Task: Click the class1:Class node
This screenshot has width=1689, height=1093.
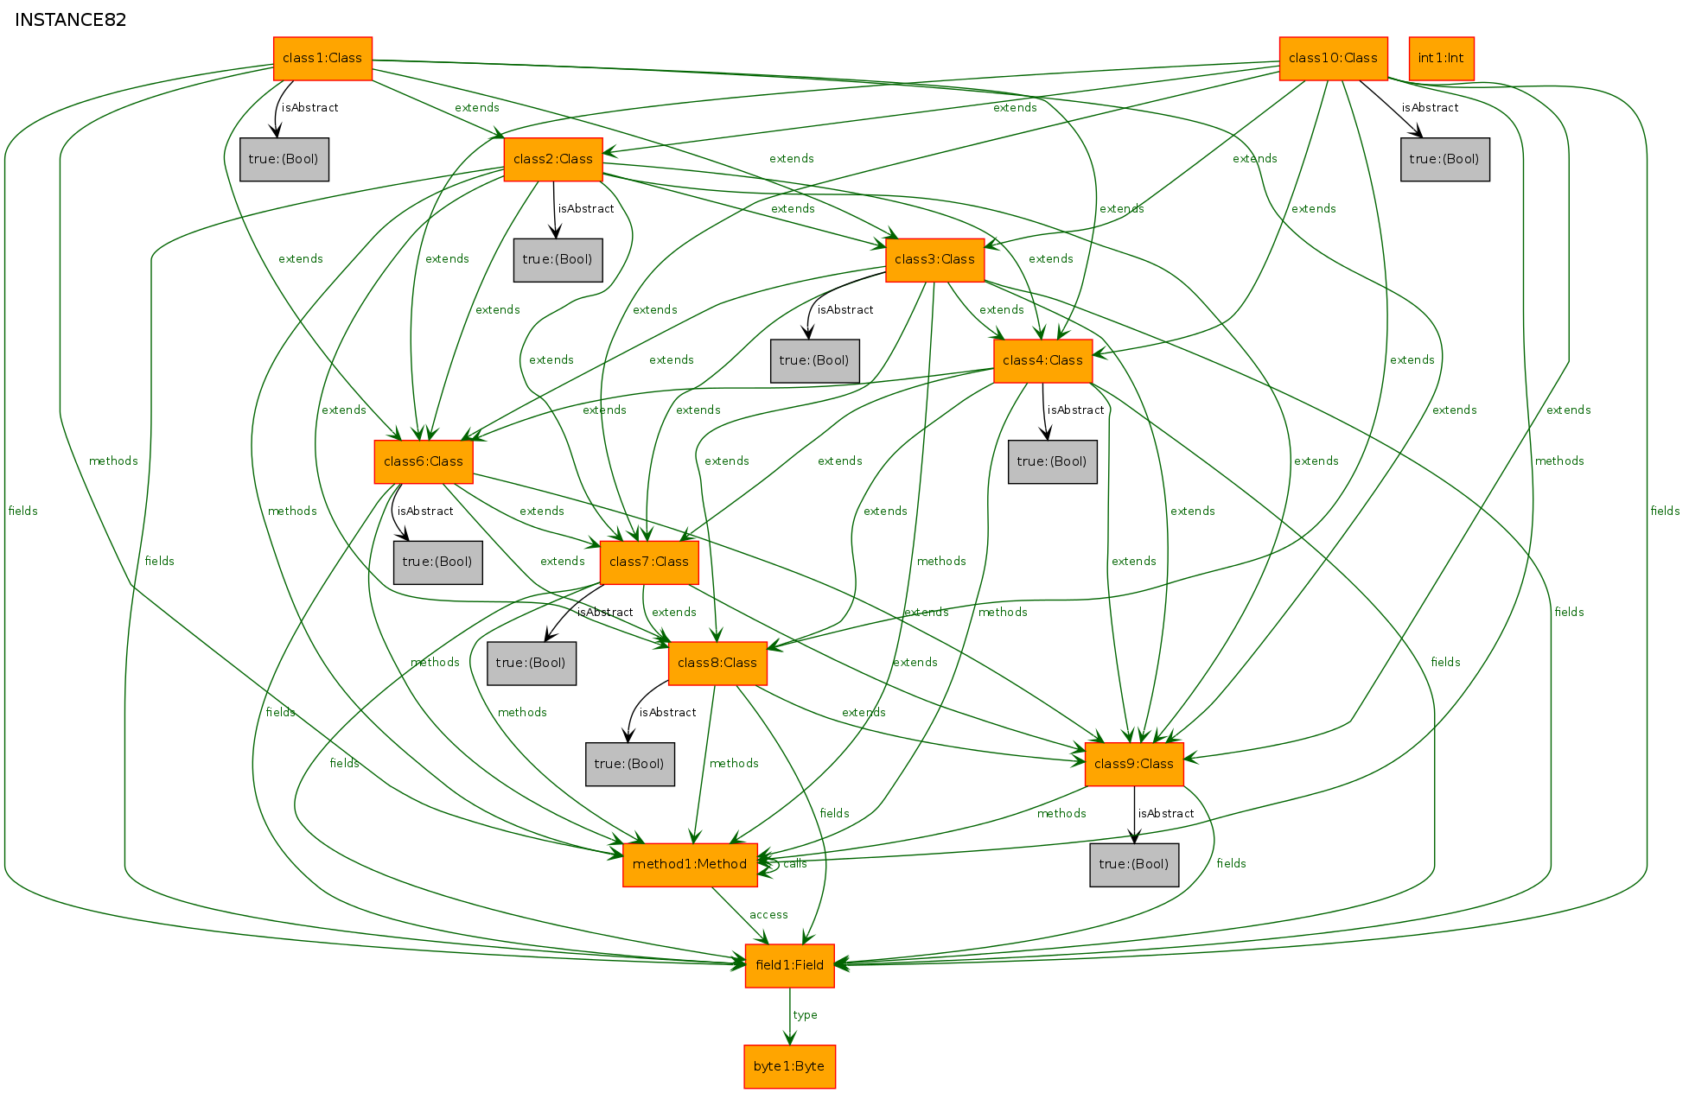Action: [322, 59]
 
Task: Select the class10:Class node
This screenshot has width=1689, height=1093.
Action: [1333, 59]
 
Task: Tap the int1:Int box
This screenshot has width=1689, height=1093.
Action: [1441, 59]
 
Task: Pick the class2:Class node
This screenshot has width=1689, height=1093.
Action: [553, 159]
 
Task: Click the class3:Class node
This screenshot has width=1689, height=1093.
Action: [934, 260]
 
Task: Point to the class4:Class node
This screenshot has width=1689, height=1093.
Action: [1042, 360]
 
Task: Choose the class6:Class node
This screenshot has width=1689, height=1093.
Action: [424, 461]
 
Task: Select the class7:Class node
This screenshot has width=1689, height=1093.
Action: [649, 562]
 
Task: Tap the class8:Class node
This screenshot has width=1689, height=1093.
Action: [717, 664]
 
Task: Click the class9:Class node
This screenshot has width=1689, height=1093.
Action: [1134, 764]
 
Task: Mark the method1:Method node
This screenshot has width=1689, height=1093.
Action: [690, 865]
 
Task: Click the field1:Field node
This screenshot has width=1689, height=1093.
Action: [789, 965]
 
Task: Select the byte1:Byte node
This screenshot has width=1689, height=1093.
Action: [789, 1066]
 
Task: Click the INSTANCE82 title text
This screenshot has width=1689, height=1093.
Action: [71, 20]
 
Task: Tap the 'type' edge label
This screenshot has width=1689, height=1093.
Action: [805, 1015]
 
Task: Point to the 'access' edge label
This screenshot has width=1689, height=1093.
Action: [768, 914]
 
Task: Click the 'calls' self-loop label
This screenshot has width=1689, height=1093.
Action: [794, 864]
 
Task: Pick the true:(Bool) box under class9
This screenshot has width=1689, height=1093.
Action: [1134, 865]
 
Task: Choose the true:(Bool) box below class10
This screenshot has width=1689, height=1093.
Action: [1445, 159]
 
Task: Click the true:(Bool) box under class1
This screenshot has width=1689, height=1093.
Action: [284, 159]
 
